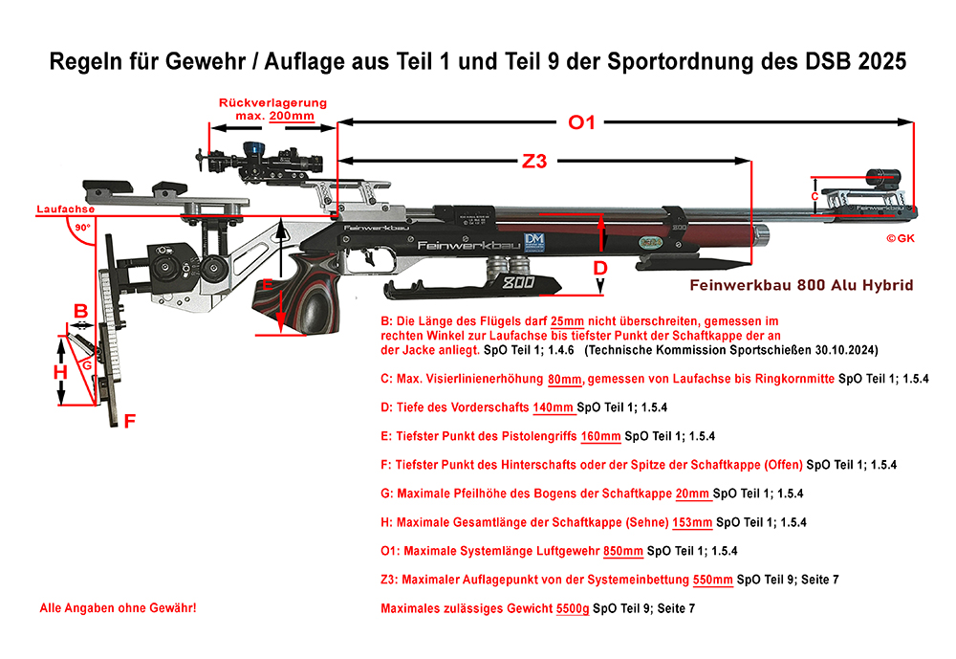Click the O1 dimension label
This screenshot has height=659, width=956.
click(581, 122)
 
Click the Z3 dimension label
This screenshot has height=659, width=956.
click(534, 162)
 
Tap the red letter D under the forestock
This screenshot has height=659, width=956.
click(599, 269)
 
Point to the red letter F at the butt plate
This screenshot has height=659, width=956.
click(130, 419)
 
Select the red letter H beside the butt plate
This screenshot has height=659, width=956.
click(60, 372)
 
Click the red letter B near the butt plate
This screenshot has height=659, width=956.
click(81, 310)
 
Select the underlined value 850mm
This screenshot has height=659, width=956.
click(625, 551)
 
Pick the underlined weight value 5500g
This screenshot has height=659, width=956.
click(573, 607)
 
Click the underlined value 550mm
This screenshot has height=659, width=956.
click(714, 580)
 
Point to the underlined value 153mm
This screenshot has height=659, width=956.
click(693, 522)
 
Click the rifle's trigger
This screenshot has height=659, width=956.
click(368, 257)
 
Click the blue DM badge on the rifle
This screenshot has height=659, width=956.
click(532, 243)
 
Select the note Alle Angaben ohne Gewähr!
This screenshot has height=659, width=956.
click(118, 607)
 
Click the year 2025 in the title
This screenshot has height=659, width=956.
click(877, 61)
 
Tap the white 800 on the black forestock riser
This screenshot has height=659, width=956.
click(517, 283)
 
